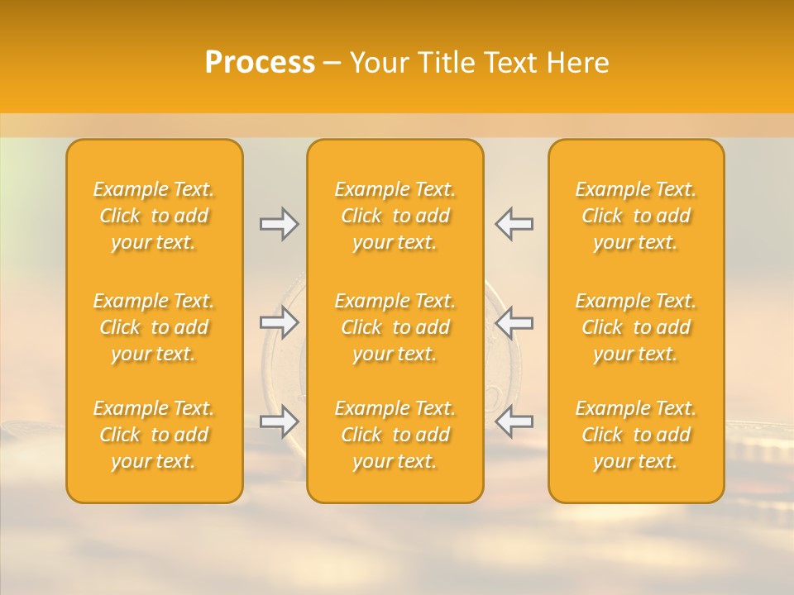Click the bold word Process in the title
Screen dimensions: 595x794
click(260, 63)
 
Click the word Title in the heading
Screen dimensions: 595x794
click(447, 63)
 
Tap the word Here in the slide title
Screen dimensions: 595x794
click(578, 63)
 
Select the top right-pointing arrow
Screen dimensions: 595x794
click(280, 224)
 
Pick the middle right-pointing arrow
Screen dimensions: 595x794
click(280, 322)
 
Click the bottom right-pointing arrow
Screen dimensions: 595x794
click(280, 422)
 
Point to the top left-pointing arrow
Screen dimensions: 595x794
click(514, 224)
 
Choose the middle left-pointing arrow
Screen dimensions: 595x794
click(514, 322)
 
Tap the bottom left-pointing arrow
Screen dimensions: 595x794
click(514, 422)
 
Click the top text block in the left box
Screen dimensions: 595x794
click(154, 216)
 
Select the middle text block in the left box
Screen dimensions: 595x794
click(154, 327)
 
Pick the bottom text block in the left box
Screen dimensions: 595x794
click(154, 435)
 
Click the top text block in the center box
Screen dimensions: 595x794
click(395, 216)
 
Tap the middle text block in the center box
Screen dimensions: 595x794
click(395, 327)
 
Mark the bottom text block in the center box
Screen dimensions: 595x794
click(395, 435)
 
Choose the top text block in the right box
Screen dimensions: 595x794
click(636, 216)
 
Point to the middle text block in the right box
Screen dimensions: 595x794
click(636, 327)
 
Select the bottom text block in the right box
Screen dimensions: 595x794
click(636, 435)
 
